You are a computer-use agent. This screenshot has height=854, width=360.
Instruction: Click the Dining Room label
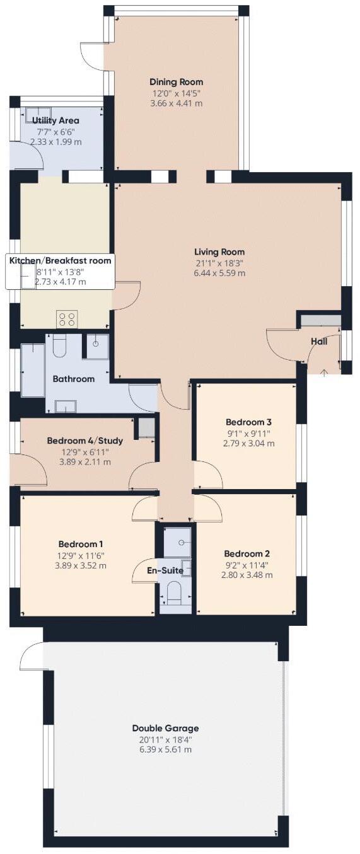click(x=176, y=81)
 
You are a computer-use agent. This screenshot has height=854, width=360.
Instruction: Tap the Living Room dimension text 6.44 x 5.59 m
click(x=219, y=274)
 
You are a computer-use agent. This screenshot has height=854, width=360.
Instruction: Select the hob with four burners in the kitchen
click(x=67, y=319)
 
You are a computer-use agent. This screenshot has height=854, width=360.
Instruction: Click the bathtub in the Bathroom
click(x=33, y=370)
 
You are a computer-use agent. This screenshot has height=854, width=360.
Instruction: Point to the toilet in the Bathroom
click(x=60, y=345)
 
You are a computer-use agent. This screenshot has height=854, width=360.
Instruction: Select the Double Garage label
click(x=166, y=728)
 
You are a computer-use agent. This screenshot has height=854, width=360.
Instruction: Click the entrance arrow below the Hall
click(x=324, y=372)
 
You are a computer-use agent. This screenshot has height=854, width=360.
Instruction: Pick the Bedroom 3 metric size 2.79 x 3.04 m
click(x=248, y=443)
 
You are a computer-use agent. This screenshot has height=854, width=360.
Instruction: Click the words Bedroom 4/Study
click(x=84, y=441)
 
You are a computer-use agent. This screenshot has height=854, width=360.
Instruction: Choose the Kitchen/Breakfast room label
click(x=60, y=260)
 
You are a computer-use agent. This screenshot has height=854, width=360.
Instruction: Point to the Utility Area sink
click(x=38, y=114)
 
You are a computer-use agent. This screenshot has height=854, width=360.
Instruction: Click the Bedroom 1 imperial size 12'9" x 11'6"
click(x=81, y=555)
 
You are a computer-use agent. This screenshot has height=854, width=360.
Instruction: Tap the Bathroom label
click(x=73, y=379)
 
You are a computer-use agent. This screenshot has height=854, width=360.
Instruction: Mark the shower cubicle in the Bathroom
click(x=97, y=345)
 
